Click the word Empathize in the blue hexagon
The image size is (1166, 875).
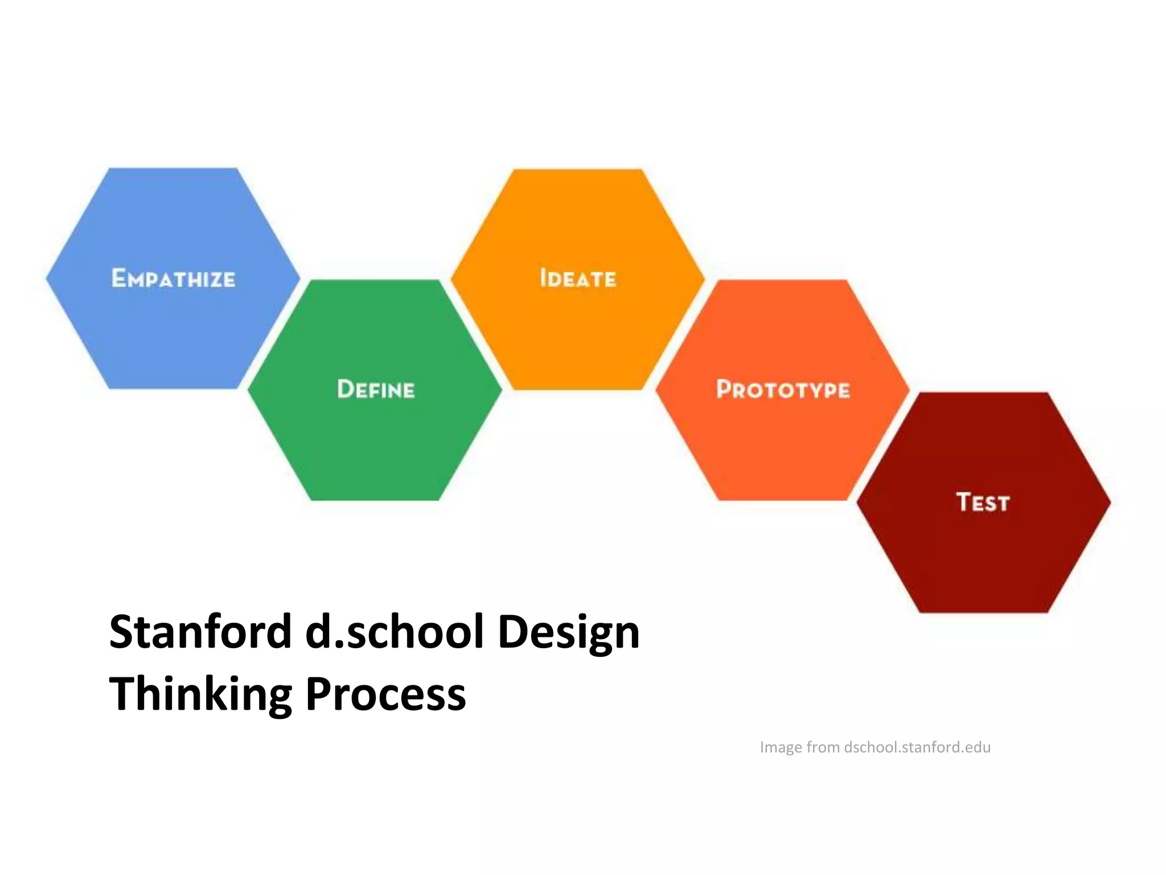(173, 279)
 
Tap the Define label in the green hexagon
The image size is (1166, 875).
(376, 390)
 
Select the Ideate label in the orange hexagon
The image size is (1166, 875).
(578, 279)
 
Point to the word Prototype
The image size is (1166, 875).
(783, 390)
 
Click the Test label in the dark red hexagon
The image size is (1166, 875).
(983, 502)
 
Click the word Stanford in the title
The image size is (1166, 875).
(200, 632)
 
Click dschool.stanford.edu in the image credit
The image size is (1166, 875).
(917, 747)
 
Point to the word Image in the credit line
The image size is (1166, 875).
(781, 747)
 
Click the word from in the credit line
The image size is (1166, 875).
(823, 747)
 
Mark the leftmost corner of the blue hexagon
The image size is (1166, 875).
(47, 279)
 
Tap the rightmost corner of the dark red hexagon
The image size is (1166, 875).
(1110, 502)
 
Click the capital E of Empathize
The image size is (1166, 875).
(118, 278)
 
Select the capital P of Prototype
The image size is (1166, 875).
(724, 389)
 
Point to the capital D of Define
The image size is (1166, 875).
(346, 389)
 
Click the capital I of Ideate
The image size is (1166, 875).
(543, 278)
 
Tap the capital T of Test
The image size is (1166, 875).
(964, 502)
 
